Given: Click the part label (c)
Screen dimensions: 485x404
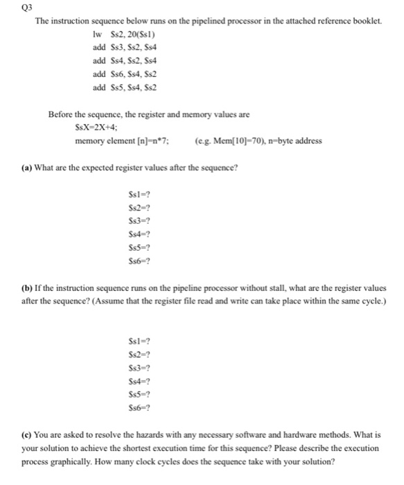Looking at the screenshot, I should pyautogui.click(x=28, y=434).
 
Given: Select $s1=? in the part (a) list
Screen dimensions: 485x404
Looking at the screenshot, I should pyautogui.click(x=130, y=197).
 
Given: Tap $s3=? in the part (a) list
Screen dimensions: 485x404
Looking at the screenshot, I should pyautogui.click(x=130, y=222).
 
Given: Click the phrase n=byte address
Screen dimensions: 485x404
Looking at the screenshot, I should pyautogui.click(x=294, y=141).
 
